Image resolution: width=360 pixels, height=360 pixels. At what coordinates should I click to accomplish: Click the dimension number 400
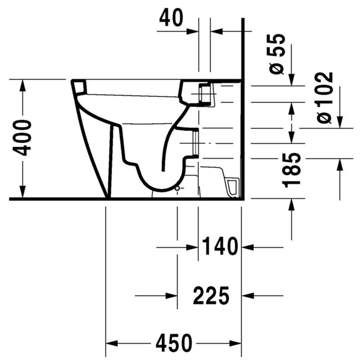22,138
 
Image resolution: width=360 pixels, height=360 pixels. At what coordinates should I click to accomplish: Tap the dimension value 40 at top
171,18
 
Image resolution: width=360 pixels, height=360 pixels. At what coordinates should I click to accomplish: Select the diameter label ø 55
277,54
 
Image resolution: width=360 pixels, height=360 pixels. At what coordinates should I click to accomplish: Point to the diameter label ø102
324,98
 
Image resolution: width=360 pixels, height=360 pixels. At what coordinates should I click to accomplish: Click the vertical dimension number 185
292,170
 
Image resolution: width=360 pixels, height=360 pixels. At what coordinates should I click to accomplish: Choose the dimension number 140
220,246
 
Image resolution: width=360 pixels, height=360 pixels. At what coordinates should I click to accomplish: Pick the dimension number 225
211,295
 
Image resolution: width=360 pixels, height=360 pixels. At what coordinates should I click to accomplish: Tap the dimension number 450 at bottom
174,343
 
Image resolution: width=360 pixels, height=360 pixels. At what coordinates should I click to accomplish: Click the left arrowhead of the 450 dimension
112,343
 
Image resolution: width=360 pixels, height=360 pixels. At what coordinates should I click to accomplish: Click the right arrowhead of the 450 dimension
235,343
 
